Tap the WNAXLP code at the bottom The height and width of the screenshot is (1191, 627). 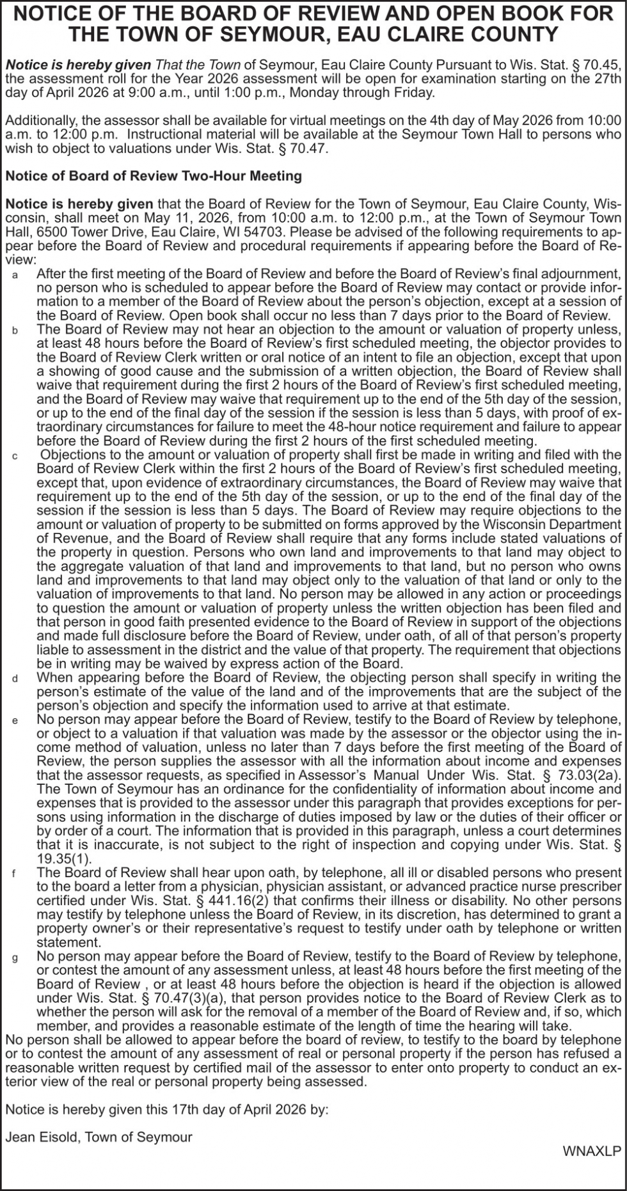coord(592,1151)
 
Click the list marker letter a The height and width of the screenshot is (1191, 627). coord(15,275)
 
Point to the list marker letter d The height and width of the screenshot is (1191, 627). coord(15,679)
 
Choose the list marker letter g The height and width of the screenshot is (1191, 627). coord(15,958)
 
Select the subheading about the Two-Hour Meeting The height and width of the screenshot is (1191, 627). coord(154,176)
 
